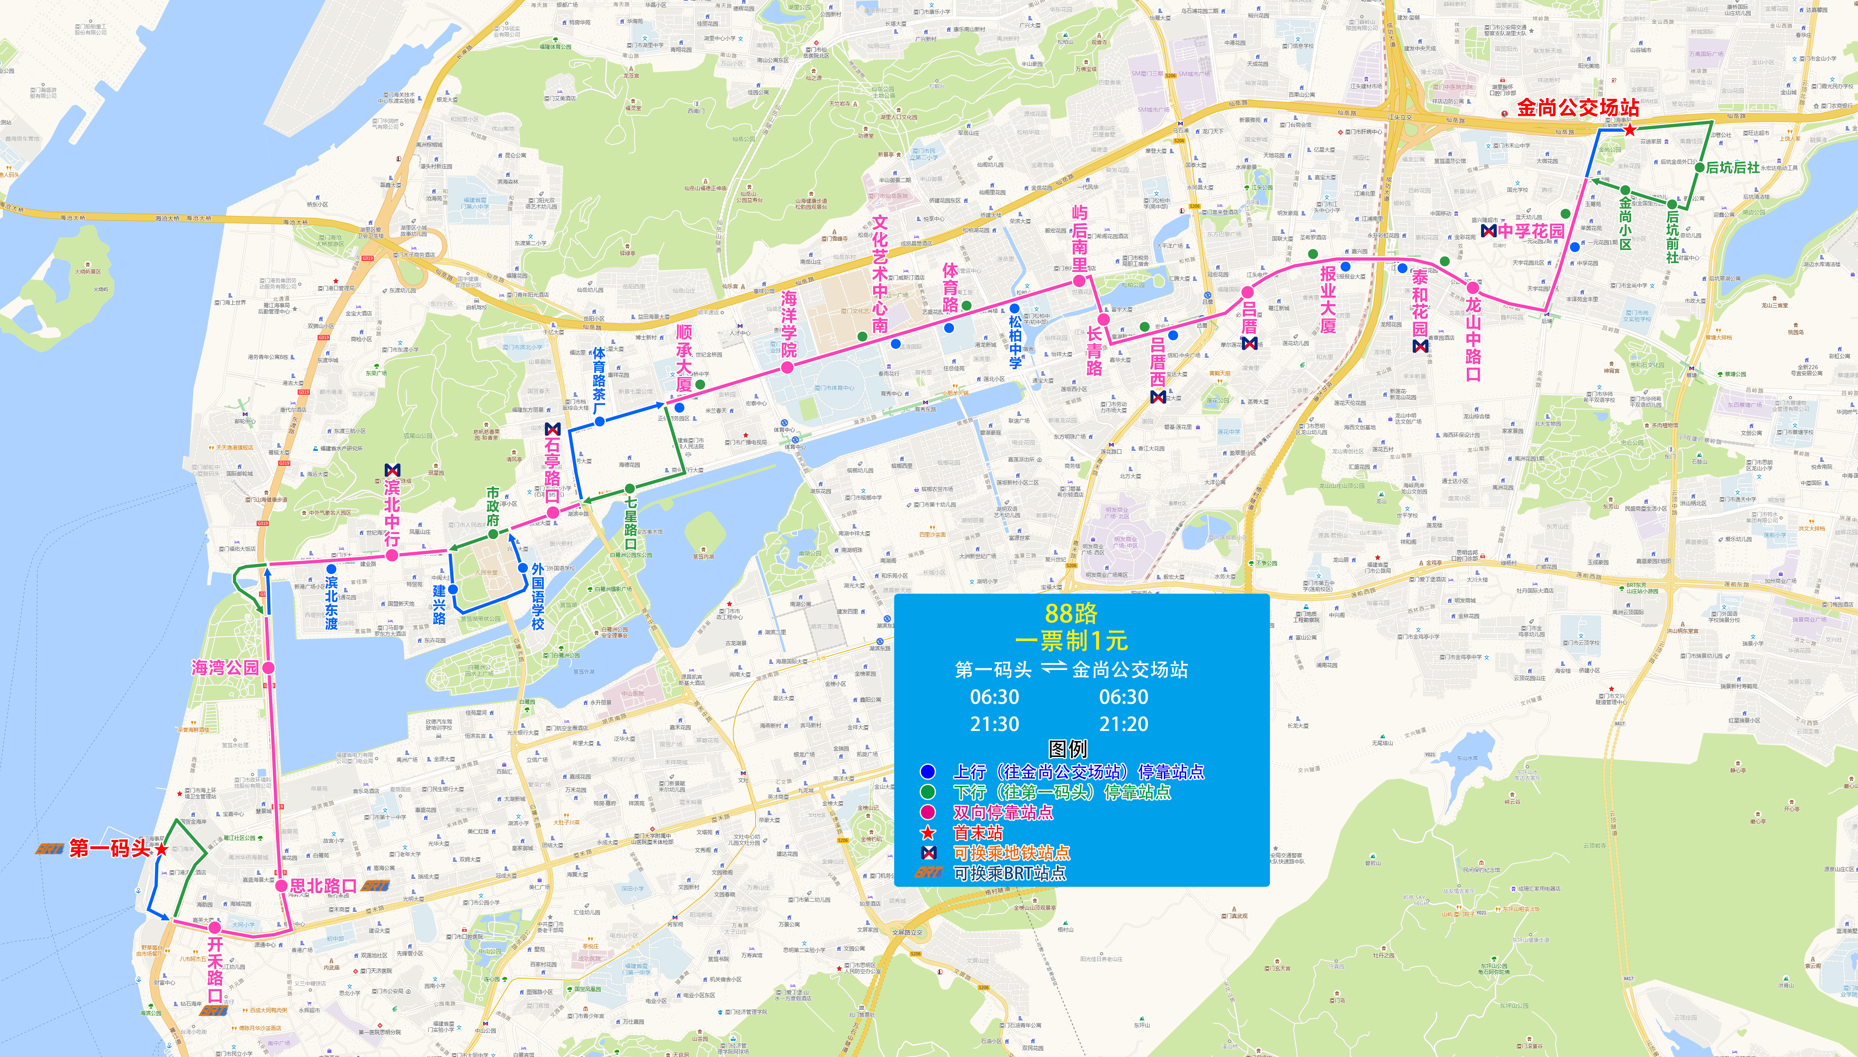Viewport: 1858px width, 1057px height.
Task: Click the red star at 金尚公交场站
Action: (x=1630, y=130)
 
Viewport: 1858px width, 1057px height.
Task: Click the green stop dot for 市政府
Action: (x=493, y=534)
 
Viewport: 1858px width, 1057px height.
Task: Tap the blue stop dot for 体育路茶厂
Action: (x=600, y=421)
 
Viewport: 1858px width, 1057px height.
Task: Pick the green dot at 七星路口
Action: (x=629, y=489)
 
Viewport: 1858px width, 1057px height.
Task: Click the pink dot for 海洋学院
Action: (x=787, y=368)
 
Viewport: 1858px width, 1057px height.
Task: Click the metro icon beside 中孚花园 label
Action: (x=1488, y=231)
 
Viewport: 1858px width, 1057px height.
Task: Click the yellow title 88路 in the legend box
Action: (x=1071, y=613)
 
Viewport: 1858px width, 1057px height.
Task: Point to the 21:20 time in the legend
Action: (x=1123, y=724)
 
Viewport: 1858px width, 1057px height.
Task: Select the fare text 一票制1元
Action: (x=1071, y=640)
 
